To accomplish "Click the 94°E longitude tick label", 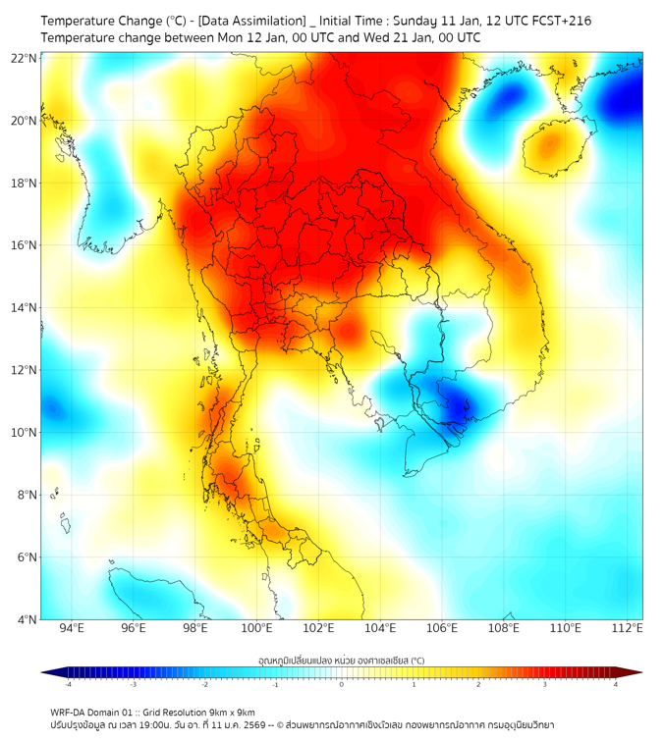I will click(72, 629).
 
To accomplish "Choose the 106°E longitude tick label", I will click(442, 629).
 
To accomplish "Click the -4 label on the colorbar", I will click(68, 684).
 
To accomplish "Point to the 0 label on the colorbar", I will click(342, 684).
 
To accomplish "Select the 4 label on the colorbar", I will click(615, 684).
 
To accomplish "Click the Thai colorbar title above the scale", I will click(341, 660).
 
